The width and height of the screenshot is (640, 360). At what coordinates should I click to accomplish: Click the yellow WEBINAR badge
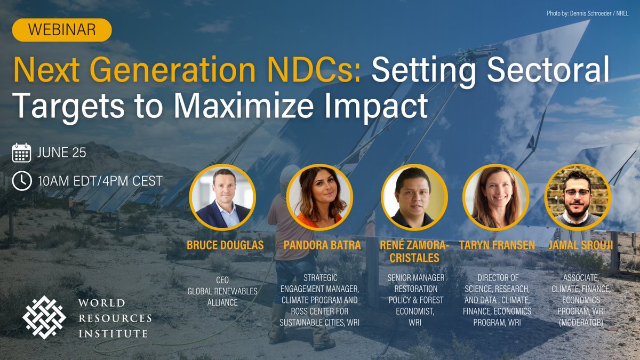click(x=62, y=30)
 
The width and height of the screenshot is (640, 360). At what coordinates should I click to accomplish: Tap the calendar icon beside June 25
click(x=21, y=153)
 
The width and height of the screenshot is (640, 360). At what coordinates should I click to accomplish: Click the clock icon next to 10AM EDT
click(x=21, y=181)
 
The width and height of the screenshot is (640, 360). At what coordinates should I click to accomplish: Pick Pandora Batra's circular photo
click(x=319, y=197)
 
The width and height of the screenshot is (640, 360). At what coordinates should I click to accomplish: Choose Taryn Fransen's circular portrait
click(x=495, y=197)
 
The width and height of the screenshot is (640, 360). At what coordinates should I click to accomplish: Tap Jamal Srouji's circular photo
click(x=577, y=197)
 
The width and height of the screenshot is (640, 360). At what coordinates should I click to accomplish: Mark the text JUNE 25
click(x=62, y=154)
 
